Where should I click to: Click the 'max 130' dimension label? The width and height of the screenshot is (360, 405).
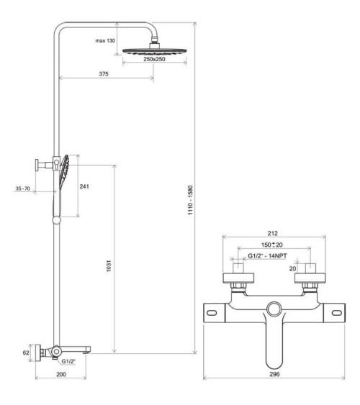105,40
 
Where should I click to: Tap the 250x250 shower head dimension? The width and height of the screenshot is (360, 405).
154,59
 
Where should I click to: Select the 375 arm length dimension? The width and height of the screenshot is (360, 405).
104,74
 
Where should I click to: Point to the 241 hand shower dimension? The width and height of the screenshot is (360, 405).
84,186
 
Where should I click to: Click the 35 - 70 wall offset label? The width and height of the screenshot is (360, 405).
23,188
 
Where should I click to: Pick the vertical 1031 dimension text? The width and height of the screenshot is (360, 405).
109,265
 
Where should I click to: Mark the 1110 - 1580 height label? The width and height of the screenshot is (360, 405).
190,200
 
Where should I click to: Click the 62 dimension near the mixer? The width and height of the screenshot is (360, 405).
26,352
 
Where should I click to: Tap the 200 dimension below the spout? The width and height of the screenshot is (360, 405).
61,374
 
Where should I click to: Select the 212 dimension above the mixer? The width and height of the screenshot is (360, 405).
272,233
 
